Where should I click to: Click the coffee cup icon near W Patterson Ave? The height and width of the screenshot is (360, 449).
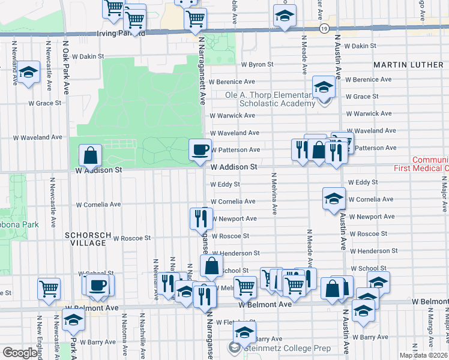point(200,149)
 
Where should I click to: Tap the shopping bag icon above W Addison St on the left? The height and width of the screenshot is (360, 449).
point(89,156)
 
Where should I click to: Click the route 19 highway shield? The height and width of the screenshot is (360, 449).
point(324,28)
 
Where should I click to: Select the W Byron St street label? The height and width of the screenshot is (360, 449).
point(257,64)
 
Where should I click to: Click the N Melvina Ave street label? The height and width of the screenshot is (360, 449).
point(274,193)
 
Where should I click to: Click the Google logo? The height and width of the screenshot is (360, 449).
point(20,353)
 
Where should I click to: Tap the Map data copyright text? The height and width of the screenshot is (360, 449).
point(423,355)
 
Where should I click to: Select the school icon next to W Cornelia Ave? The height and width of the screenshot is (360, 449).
point(334,200)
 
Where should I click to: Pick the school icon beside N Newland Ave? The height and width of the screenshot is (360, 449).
point(28,73)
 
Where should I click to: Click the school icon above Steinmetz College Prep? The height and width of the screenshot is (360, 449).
point(244,332)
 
